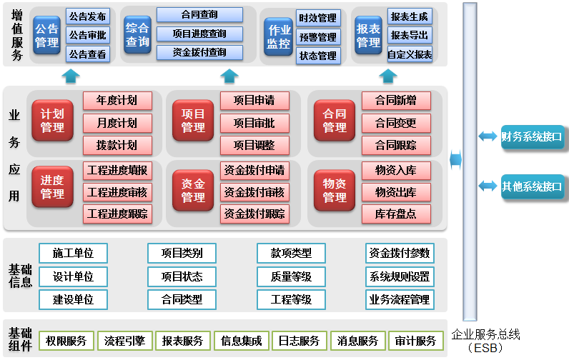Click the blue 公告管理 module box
pos(46,36)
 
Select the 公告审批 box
pos(88,34)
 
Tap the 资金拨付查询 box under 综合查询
pos(199,52)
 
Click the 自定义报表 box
pos(410,54)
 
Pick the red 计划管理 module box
pos(53,121)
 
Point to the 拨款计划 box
pos(117,144)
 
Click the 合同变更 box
pos(395,122)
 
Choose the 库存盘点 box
pos(395,213)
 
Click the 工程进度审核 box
pos(117,191)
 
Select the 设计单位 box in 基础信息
pos(74,276)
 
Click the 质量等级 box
pos(291,276)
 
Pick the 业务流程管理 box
pos(400,299)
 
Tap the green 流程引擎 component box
pos(124,341)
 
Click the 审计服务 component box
pos(416,341)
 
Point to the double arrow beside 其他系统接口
pos(488,186)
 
